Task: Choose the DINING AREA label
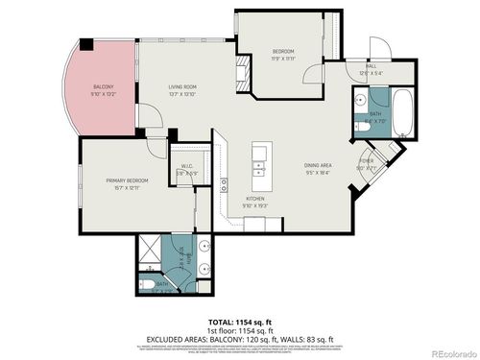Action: coord(318,164)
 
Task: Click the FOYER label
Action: coord(366,160)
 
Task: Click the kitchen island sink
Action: coord(258,169)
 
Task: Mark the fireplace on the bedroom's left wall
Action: coord(243,68)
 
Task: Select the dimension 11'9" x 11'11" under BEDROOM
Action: coord(282,58)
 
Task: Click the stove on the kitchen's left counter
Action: coord(223,181)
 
